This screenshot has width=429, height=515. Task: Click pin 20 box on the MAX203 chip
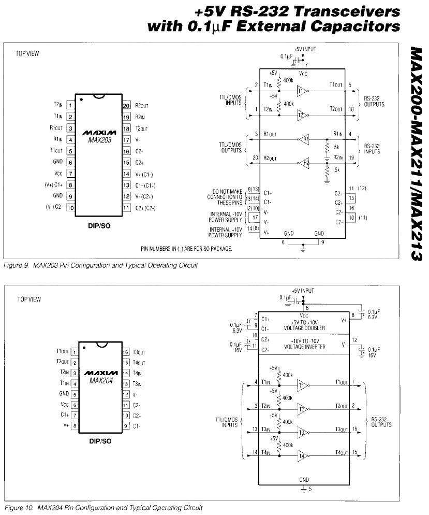[x=126, y=105]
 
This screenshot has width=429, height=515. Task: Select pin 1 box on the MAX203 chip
[x=70, y=105]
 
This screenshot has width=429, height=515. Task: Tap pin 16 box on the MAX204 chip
[x=126, y=352]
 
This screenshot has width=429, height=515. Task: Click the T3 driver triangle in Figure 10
[x=302, y=432]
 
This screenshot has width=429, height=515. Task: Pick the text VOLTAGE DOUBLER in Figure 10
[x=305, y=328]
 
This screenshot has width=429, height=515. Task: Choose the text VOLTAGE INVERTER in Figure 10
[x=305, y=347]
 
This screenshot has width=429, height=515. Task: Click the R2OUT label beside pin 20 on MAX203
[x=142, y=105]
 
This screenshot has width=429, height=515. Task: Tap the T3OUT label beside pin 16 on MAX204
[x=140, y=352]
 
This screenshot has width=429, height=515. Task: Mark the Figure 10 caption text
[x=103, y=507]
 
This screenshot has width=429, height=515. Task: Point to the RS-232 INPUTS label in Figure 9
[x=372, y=149]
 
